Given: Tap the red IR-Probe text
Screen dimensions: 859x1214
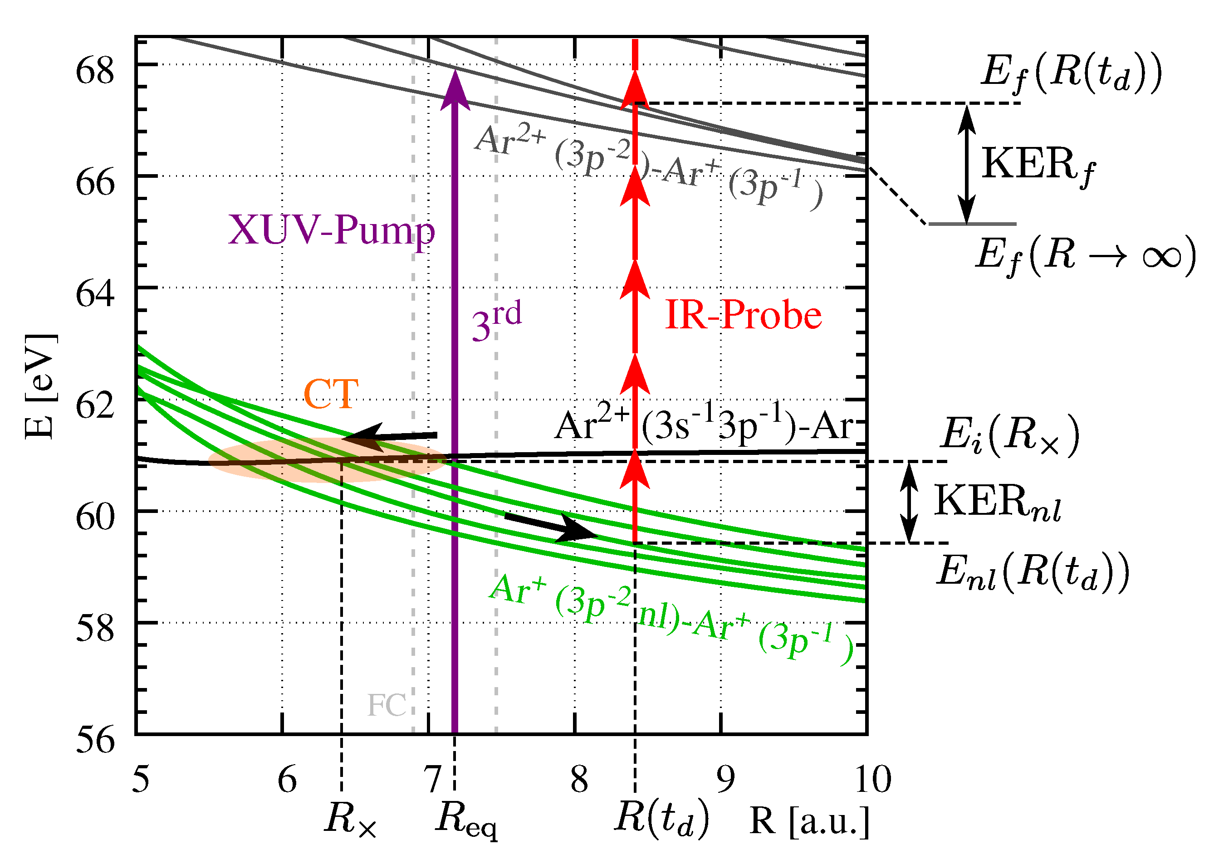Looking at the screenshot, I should [743, 315].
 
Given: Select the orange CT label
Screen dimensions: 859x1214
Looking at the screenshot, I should [331, 395].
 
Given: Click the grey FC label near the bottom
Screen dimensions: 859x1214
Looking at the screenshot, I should [387, 705].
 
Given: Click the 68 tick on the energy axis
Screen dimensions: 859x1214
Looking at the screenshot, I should [95, 71].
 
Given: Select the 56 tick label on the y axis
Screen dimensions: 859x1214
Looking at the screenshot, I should [95, 740].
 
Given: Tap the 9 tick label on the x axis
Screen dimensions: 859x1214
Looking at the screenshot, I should [725, 779].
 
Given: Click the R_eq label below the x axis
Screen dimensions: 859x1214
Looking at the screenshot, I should [466, 820].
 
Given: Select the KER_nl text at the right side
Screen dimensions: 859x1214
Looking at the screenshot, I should [998, 503].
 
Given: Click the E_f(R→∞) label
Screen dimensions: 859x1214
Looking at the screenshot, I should [1084, 257].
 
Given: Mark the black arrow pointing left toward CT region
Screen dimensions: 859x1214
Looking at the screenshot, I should [389, 437].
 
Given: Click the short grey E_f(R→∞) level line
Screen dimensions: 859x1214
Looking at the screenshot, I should [972, 224].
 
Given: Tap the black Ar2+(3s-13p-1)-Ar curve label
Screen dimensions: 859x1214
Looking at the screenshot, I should [704, 426].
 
